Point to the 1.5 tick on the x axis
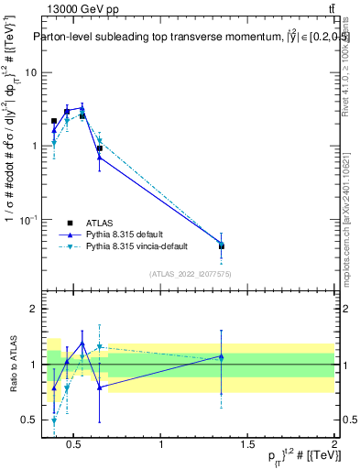(x=247, y=445)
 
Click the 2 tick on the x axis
(x=333, y=445)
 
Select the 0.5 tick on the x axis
(x=76, y=445)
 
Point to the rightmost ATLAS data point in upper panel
(x=221, y=246)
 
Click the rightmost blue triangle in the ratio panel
(x=221, y=356)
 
